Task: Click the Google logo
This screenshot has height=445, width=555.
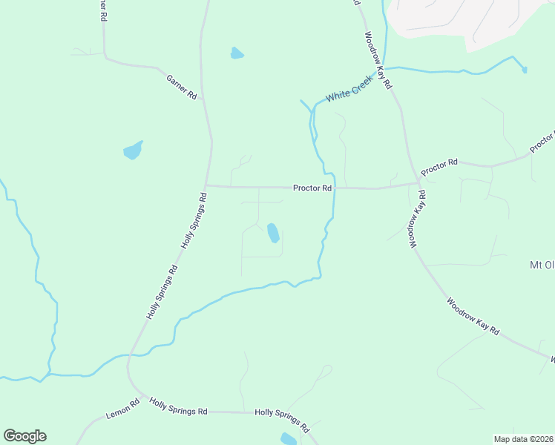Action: coord(24,436)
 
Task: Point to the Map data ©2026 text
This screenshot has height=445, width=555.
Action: coord(524,439)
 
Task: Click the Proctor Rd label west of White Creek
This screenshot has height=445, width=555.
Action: coord(312,188)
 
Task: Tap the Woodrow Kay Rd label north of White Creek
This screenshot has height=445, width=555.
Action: coord(378,60)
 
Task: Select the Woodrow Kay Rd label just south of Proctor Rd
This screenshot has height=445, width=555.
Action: coord(416,218)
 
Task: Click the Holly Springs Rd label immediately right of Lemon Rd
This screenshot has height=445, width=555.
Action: coord(178,407)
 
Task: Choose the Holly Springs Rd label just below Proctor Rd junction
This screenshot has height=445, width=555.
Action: coord(194,220)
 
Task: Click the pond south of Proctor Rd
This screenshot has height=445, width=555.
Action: coord(273,234)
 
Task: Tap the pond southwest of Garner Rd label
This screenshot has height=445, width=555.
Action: coord(132,151)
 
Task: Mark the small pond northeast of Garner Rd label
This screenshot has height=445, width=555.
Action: coord(237,53)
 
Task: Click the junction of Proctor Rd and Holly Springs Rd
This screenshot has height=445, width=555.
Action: coord(206,185)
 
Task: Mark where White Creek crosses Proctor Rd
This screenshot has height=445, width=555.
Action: coord(335,188)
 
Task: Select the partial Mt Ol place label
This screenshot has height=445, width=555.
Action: coord(541,265)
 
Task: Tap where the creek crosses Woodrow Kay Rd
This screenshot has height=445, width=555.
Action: coord(385,68)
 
